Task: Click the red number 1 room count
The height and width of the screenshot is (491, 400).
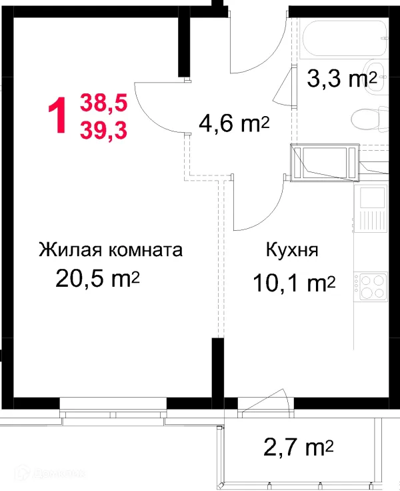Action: tap(58, 115)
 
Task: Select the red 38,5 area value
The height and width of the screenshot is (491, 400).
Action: tap(103, 103)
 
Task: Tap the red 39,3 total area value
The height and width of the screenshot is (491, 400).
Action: tap(103, 129)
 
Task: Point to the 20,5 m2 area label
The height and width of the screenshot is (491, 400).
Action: tap(97, 279)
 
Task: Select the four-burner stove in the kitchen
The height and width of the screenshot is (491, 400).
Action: tap(370, 286)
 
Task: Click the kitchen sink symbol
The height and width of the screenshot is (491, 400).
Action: tap(369, 207)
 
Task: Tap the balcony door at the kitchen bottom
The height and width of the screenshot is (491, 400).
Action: tap(263, 402)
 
